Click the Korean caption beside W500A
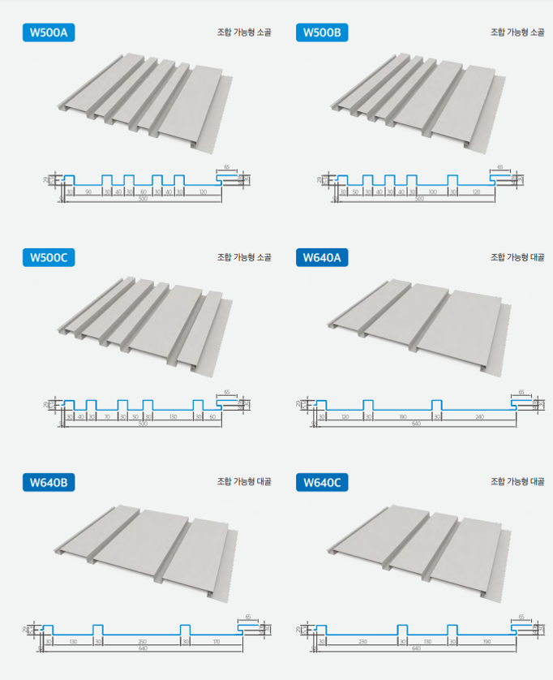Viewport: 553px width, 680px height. pos(244,33)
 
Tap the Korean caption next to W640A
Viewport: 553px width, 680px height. pos(517,258)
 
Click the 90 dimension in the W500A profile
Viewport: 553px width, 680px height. pos(88,192)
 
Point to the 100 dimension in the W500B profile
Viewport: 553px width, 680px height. pos(432,192)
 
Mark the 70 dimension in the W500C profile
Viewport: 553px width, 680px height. pos(107,417)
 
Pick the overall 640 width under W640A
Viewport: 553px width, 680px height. pos(417,423)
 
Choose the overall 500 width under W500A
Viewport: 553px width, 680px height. pos(144,198)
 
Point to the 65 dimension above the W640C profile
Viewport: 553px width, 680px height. pos(521,616)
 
